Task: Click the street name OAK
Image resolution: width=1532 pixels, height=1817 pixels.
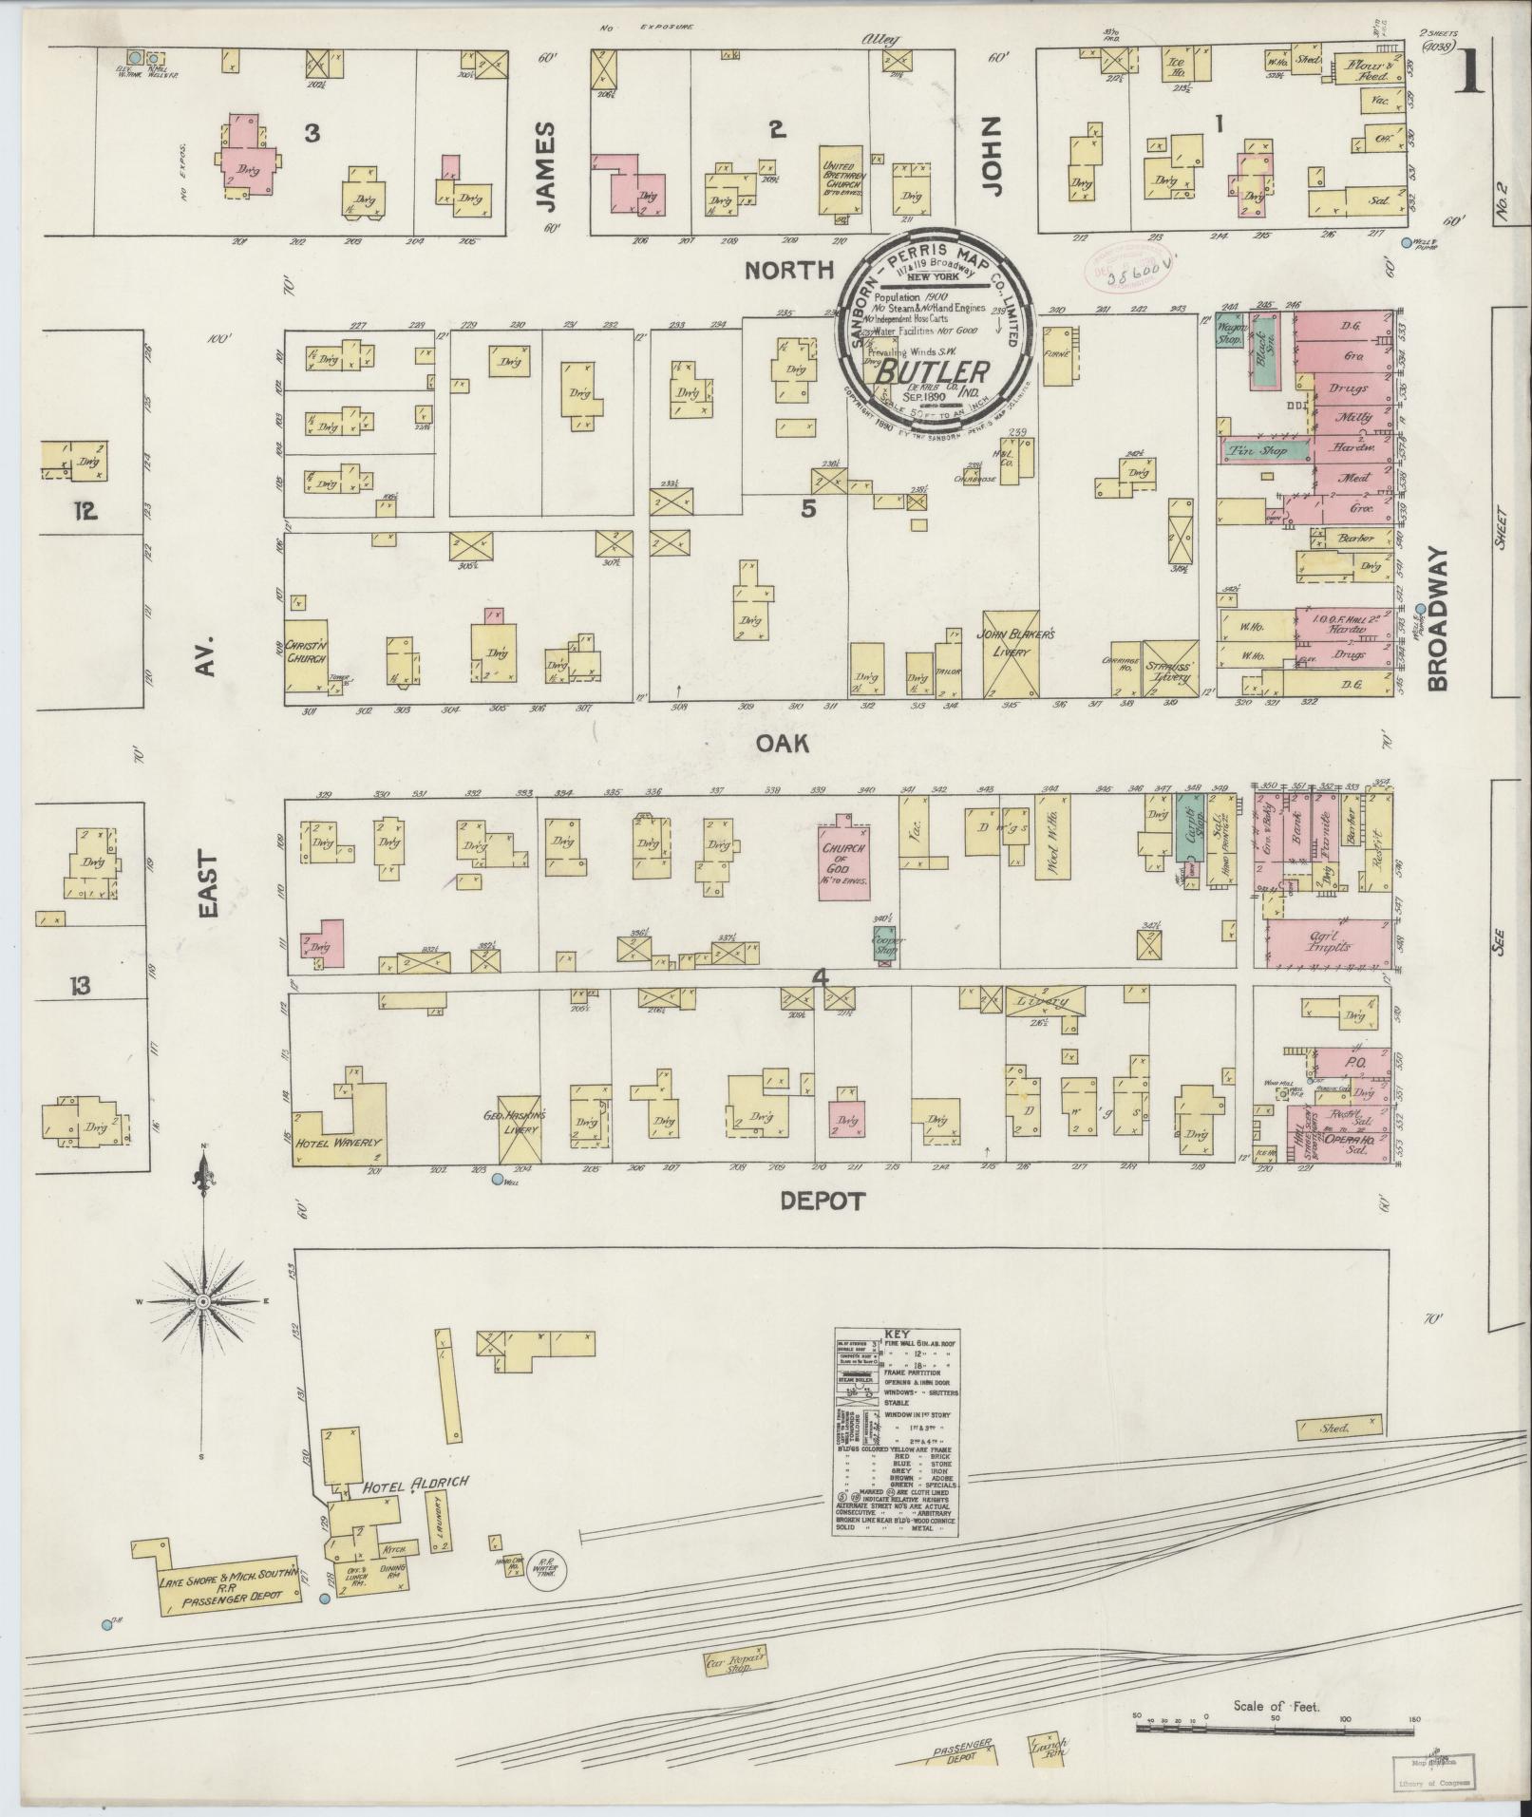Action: point(783,744)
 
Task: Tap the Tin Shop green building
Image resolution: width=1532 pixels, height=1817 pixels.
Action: point(1258,450)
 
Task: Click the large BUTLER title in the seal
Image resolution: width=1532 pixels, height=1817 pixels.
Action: point(932,371)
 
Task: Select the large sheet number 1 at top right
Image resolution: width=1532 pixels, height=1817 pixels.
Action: point(1470,71)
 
